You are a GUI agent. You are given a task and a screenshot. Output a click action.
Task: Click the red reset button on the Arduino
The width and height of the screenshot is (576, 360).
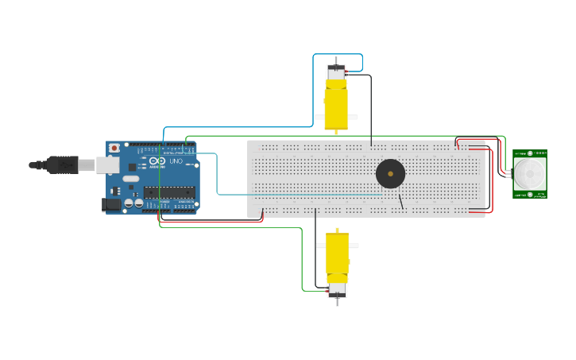114,148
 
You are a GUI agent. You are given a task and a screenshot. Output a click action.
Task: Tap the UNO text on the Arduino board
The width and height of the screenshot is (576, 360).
176,161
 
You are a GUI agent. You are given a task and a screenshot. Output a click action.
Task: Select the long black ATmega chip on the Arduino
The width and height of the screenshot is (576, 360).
168,192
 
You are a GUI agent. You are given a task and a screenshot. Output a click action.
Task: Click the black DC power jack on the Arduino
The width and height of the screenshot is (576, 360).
112,204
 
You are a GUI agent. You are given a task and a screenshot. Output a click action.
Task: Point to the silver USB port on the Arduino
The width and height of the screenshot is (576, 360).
107,165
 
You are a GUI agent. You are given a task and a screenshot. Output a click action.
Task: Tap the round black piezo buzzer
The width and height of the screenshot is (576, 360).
390,173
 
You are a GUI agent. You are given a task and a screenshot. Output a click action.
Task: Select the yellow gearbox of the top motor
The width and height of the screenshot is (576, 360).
335,105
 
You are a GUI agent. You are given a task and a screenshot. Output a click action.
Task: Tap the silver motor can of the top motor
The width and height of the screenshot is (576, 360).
336,72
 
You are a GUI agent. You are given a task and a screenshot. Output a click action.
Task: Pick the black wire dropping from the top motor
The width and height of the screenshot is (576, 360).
371,111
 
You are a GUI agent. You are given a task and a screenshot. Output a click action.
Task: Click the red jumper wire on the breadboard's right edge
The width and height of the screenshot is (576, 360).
492,179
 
